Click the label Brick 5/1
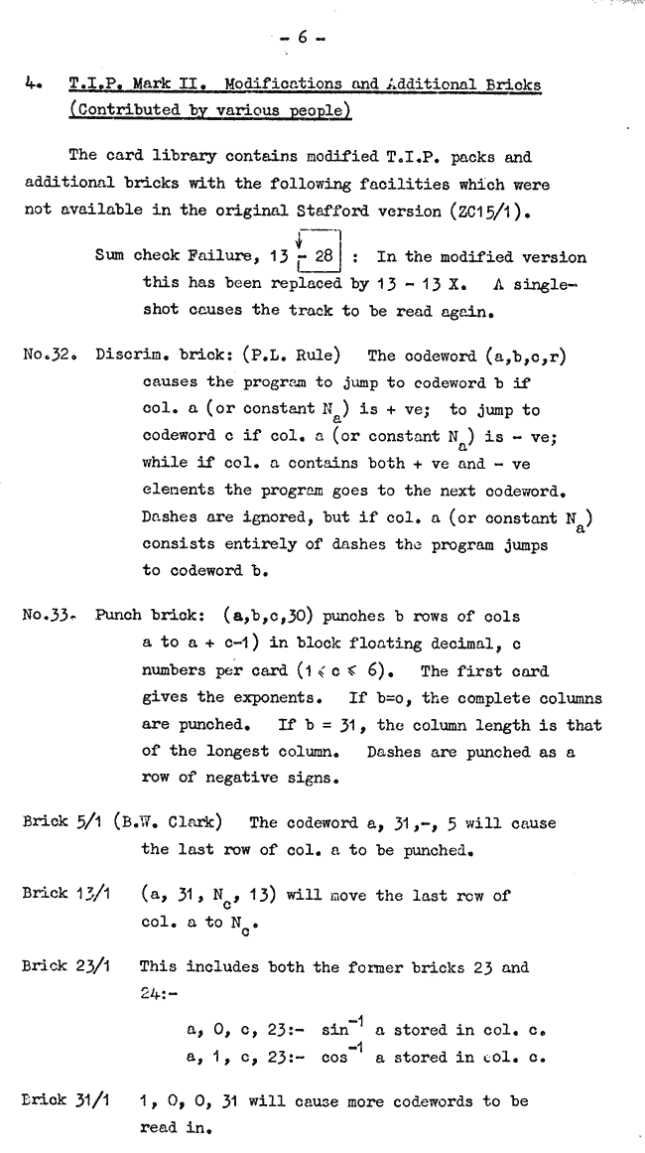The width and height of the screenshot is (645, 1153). (55, 822)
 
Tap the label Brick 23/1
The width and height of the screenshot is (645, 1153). (59, 966)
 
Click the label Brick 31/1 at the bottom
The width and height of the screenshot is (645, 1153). (59, 1102)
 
